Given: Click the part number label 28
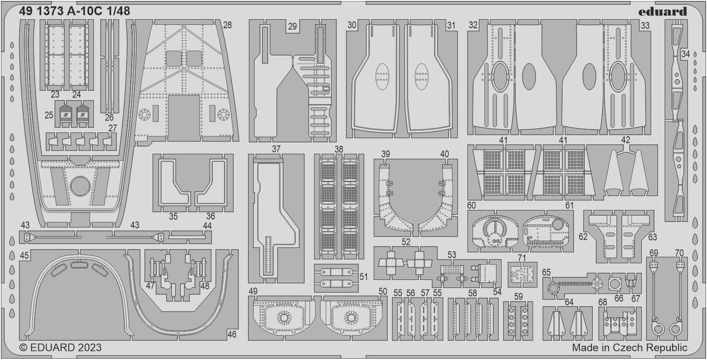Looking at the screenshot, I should click(227, 25).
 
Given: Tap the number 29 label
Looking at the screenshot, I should click(292, 26).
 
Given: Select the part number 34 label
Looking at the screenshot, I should click(685, 54).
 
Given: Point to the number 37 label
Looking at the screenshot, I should click(276, 149).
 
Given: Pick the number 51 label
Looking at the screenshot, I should click(363, 277).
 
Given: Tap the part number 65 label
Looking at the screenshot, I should click(547, 272).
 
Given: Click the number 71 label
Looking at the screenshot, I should click(522, 258).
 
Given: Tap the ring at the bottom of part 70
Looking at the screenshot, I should click(675, 329).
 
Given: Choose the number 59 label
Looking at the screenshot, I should click(519, 297).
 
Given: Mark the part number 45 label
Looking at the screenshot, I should click(25, 255).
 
